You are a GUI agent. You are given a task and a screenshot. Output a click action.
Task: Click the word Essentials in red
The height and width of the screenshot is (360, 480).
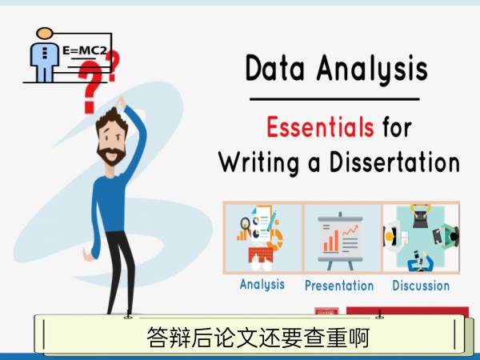pos(320,127)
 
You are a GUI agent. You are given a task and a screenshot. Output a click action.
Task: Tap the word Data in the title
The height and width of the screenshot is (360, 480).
pos(275,68)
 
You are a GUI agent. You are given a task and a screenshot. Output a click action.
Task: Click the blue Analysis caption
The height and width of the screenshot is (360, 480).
pos(262,284)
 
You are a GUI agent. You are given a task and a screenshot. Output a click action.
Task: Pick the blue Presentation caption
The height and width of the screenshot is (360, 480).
pos(339,286)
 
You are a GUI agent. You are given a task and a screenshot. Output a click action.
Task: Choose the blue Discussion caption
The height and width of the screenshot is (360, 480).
pos(421,286)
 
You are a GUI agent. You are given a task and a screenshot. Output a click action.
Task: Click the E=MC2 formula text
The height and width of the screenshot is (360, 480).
pos(85,50)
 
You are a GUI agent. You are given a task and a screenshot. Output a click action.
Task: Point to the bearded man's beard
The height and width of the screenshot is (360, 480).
pos(111,155)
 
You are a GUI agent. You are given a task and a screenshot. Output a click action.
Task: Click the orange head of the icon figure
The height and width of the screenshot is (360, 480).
pos(45,33)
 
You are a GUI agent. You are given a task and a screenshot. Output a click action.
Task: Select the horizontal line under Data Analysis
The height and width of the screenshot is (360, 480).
pos(334,99)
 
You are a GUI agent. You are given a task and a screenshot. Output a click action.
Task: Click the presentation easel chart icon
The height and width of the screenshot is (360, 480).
pos(341,241)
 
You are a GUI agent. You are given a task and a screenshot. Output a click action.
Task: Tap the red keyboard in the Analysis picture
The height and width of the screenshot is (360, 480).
pos(261,254)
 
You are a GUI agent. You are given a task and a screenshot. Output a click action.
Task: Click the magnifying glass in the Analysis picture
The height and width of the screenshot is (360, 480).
pos(246,224)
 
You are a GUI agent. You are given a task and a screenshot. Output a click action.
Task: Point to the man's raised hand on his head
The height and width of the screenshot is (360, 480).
pos(121,102)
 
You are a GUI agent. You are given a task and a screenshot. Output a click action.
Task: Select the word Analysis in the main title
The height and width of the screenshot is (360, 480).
pos(372,69)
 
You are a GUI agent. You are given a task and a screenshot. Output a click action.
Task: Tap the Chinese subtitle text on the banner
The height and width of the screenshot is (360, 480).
pos(258,338)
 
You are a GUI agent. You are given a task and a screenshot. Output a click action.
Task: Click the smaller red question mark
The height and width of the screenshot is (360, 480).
pos(113,66)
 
